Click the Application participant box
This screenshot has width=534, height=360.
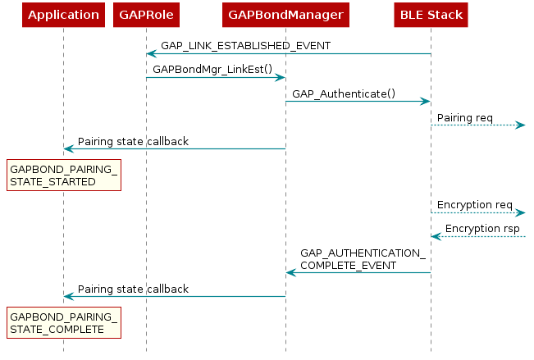tap(63, 15)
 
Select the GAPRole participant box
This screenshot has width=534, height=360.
tap(146, 15)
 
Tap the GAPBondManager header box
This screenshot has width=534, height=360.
tap(285, 15)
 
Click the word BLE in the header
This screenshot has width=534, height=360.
tap(412, 15)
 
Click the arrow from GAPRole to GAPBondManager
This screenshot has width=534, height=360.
tap(215, 78)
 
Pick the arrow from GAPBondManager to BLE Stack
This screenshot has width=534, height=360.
tap(358, 102)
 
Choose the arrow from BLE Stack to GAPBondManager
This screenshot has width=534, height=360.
tap(358, 272)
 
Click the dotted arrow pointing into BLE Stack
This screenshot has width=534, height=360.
tap(479, 237)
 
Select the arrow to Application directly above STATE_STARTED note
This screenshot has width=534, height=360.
tap(174, 148)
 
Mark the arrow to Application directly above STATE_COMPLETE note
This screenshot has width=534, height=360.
tap(174, 296)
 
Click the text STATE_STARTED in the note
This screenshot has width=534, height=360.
tap(52, 181)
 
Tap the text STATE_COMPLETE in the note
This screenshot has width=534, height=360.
tap(57, 329)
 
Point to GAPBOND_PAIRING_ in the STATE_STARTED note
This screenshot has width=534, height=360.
tap(63, 169)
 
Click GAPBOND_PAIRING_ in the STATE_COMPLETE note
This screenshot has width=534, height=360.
tap(63, 317)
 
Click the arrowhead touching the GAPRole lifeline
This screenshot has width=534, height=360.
tap(152, 54)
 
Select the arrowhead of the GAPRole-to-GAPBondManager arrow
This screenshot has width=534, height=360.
tap(280, 78)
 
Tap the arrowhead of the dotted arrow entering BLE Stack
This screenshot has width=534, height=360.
tap(436, 237)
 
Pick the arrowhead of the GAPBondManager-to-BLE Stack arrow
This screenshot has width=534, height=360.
tap(426, 102)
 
